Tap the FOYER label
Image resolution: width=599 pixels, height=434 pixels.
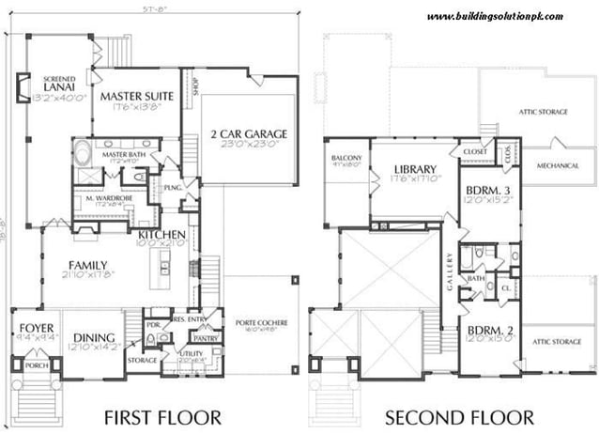coord(36,328)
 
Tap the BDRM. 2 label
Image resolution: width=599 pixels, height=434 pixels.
coord(490,331)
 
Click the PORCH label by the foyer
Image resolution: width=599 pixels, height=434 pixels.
coord(37,365)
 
